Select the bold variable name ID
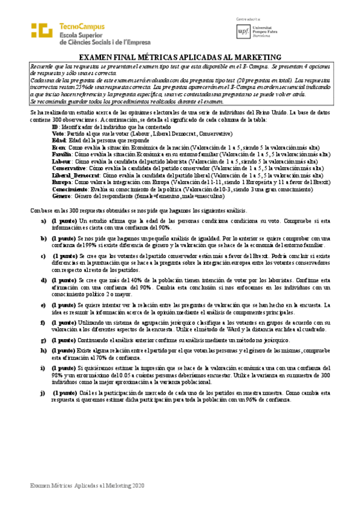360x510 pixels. click(55, 127)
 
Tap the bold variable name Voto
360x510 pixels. click(58, 134)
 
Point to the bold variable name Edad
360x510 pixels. click(59, 140)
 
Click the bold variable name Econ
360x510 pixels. click(59, 147)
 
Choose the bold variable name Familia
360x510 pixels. click(62, 154)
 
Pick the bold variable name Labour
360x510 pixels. click(61, 161)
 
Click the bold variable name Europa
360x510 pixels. click(61, 182)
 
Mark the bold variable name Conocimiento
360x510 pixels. click(70, 188)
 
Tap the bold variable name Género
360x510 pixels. click(61, 195)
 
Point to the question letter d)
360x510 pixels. click(43, 280)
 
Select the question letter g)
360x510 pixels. click(43, 341)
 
